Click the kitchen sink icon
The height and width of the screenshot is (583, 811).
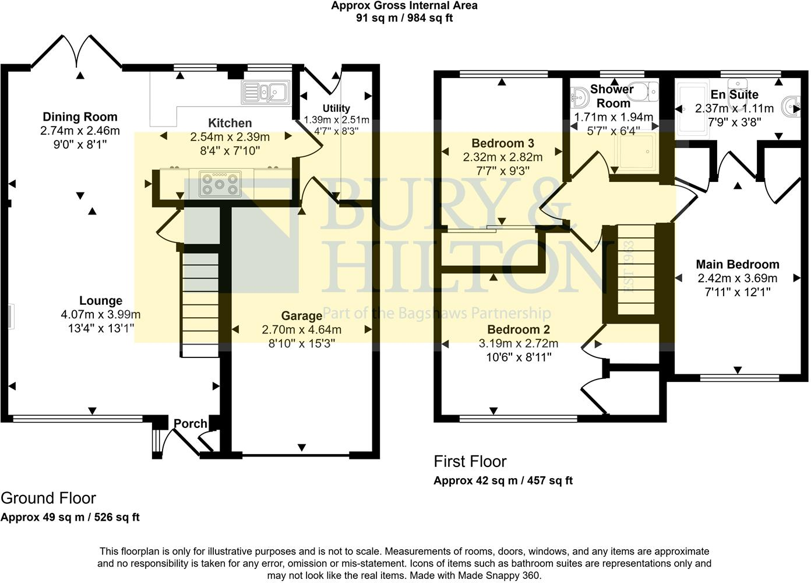click(x=265, y=92)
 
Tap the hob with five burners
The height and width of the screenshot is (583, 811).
click(x=220, y=184)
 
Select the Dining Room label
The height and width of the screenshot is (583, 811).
click(x=80, y=117)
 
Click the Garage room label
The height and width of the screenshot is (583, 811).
click(x=301, y=316)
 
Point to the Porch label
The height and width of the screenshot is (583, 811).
click(x=191, y=424)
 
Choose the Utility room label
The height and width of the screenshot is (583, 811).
click(x=336, y=108)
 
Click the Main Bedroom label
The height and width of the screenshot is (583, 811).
click(x=737, y=265)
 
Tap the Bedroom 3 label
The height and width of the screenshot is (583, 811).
click(x=502, y=143)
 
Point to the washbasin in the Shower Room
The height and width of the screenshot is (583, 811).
click(x=580, y=96)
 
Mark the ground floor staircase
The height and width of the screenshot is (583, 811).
click(x=200, y=303)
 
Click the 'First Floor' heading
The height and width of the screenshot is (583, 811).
click(x=470, y=462)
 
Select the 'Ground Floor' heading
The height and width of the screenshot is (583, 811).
click(x=48, y=498)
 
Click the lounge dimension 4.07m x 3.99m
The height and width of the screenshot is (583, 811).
click(x=100, y=315)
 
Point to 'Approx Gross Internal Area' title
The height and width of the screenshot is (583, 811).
click(x=404, y=6)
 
